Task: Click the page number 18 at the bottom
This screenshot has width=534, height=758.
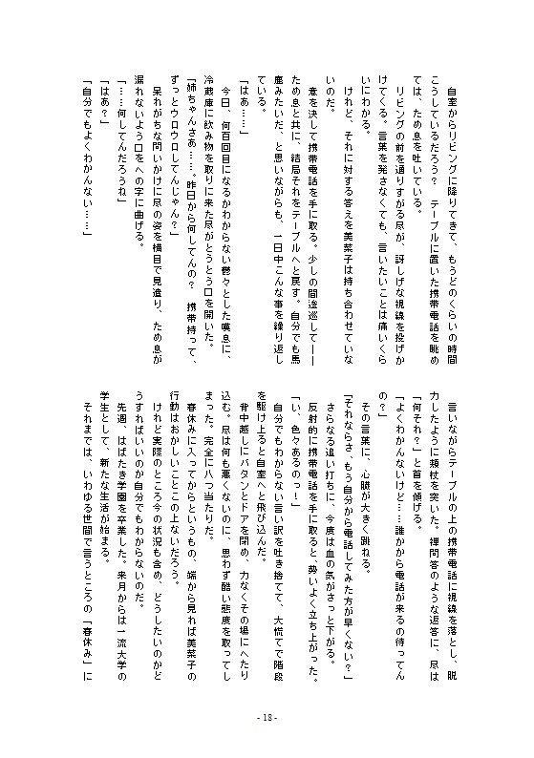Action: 267,719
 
